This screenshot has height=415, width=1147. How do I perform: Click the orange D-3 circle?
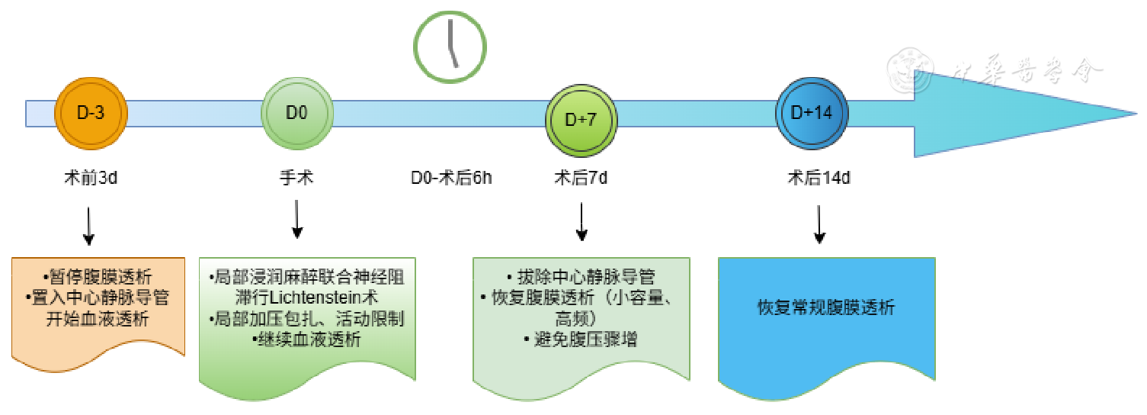[91, 113]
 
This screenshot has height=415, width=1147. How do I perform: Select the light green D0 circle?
[296, 113]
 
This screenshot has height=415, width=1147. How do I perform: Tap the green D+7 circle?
[582, 119]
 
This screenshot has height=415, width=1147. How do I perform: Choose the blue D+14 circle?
[811, 113]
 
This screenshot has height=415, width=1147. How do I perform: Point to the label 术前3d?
[91, 179]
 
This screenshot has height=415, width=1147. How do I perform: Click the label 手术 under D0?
[296, 179]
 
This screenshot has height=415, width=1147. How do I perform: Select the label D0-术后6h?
[451, 179]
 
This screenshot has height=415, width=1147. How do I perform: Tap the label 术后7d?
[581, 179]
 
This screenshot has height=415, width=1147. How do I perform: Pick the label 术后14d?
[819, 179]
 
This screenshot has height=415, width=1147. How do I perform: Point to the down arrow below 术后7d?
[582, 223]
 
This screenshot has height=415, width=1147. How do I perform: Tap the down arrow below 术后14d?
[819, 224]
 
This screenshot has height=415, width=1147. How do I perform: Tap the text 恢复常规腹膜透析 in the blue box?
[826, 308]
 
